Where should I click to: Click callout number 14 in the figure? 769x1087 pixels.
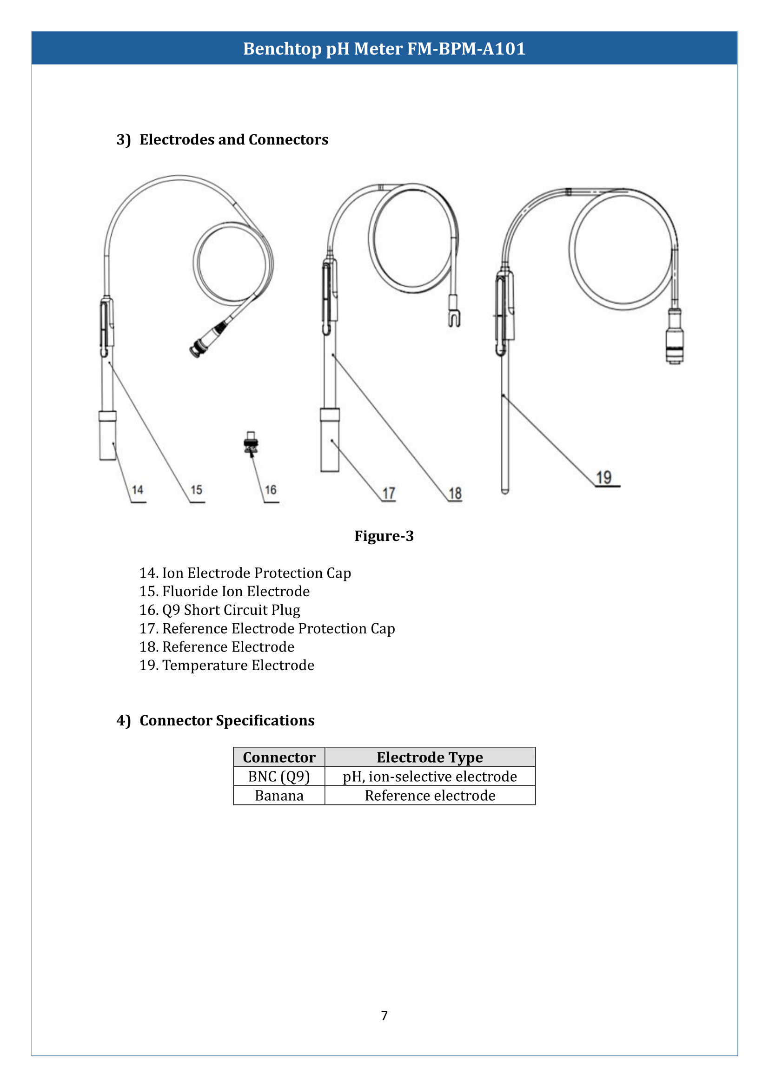[x=137, y=489]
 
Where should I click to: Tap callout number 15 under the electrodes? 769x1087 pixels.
[x=197, y=489]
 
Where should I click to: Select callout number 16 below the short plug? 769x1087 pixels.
[x=271, y=489]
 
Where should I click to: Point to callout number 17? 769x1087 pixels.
[x=389, y=494]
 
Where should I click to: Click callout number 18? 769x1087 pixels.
[x=455, y=494]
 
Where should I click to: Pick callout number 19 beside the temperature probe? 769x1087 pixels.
[x=604, y=477]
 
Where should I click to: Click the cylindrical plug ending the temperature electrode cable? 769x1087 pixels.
[x=674, y=337]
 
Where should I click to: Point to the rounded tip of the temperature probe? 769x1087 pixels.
[x=505, y=490]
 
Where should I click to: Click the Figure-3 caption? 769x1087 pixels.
[x=384, y=536]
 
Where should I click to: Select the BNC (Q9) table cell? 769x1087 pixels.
[x=279, y=777]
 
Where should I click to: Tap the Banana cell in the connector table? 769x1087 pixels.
[x=279, y=795]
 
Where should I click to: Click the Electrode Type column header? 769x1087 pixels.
[x=430, y=758]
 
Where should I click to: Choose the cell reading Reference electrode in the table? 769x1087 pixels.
[x=430, y=795]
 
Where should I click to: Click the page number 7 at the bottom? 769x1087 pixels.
[x=384, y=1015]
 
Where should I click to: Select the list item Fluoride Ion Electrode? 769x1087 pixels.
[x=235, y=591]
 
